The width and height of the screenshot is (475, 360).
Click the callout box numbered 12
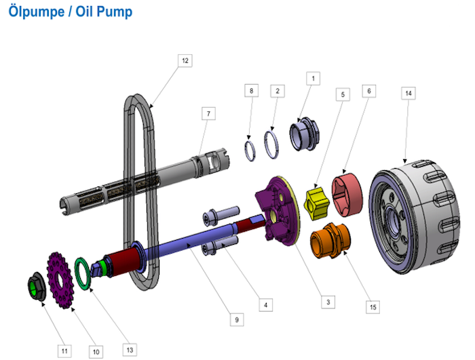point(185,60)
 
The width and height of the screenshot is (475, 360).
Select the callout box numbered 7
point(208,113)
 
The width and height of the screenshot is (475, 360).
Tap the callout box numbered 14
point(408,94)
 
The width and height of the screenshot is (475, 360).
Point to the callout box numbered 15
point(373,307)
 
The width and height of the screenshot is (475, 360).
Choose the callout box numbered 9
point(237,319)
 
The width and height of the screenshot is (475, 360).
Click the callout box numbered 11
point(64,351)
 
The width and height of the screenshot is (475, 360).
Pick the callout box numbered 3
point(328,302)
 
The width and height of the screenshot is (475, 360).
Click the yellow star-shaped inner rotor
point(317,203)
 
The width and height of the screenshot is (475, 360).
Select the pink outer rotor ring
point(347,195)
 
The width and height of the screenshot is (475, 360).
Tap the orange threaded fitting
point(330,241)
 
